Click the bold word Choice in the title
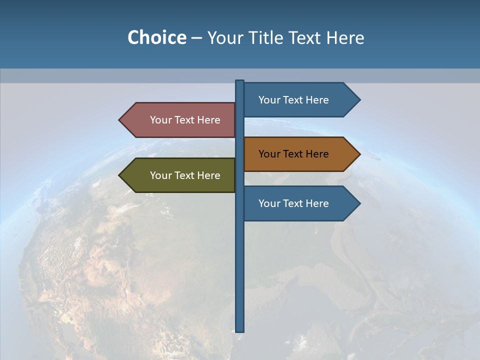[x=156, y=38]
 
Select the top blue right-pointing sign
[x=300, y=100]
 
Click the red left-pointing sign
[x=180, y=120]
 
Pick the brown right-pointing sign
[x=300, y=154]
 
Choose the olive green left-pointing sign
[x=180, y=175]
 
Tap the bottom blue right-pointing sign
[x=300, y=203]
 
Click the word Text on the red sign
[x=185, y=120]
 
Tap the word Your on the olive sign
[x=160, y=175]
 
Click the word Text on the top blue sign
[x=294, y=100]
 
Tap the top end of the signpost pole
[x=239, y=81]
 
